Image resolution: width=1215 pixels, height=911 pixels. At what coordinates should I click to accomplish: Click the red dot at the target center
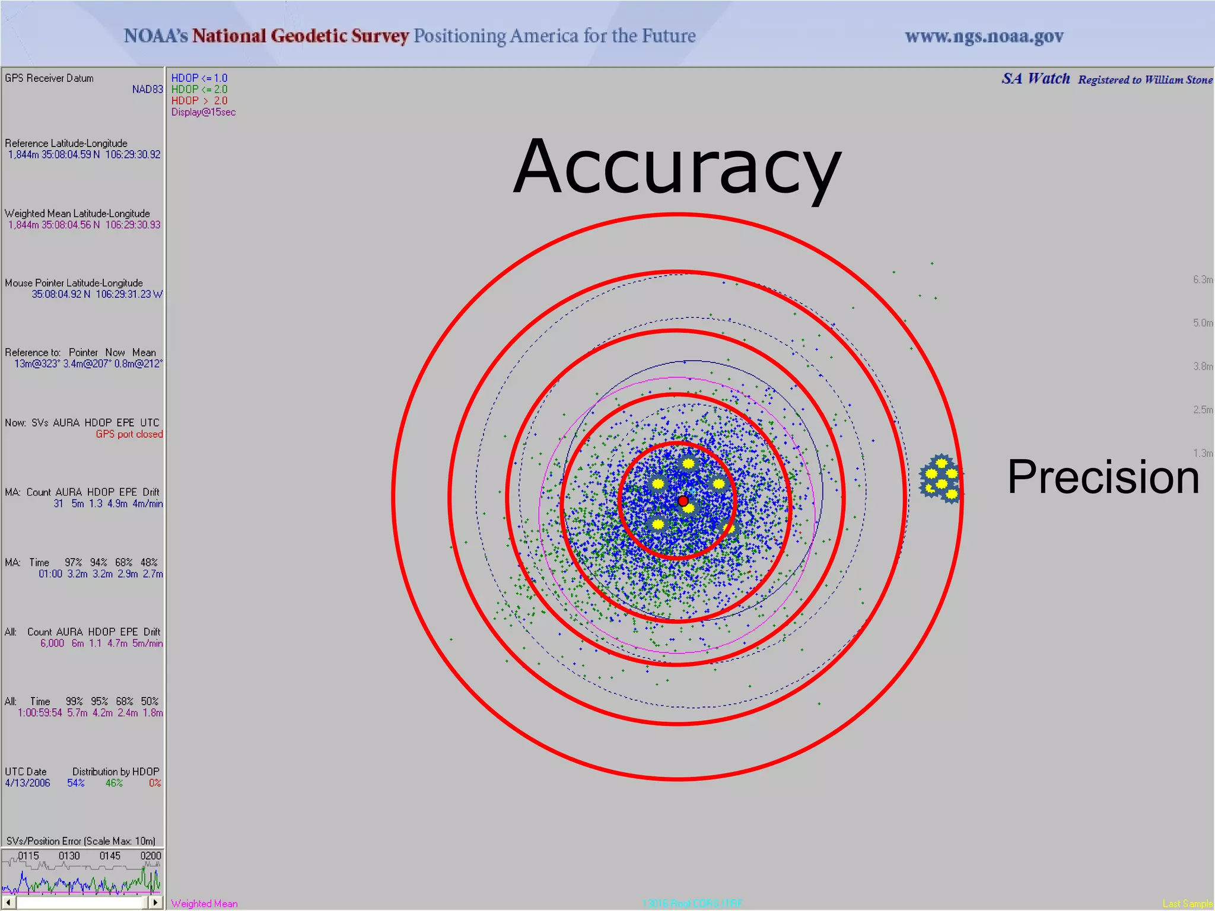coord(683,501)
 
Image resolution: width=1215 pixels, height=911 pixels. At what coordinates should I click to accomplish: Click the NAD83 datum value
coord(147,90)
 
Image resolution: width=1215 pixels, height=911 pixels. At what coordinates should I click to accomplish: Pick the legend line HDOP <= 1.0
coord(199,78)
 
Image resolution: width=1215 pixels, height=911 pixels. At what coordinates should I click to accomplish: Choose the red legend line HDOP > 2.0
coord(199,101)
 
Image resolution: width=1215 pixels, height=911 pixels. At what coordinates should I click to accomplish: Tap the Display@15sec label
coord(203,112)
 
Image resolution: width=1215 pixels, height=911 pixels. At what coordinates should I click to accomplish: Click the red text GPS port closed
coord(129,434)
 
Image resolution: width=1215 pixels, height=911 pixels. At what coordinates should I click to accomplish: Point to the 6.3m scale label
coord(1203,279)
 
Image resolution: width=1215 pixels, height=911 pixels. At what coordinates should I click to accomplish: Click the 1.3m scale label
coord(1203,453)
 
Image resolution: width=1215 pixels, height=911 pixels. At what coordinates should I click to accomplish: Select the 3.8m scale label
coord(1203,367)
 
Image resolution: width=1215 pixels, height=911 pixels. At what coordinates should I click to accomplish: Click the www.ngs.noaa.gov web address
coord(984,37)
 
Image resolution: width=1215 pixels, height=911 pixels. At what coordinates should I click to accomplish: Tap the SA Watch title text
coord(1036,79)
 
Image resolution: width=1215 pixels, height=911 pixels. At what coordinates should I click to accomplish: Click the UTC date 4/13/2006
coord(27,783)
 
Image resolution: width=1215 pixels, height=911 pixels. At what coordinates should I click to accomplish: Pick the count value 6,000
coord(52,644)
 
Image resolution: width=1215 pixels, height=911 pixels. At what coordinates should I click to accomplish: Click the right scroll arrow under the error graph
coord(155,903)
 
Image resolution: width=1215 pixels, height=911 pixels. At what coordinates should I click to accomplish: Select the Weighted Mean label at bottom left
coord(204,904)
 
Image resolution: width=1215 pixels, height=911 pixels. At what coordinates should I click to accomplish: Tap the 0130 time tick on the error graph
coord(69,856)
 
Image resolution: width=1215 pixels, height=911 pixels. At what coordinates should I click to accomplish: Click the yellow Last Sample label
coord(1188,904)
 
